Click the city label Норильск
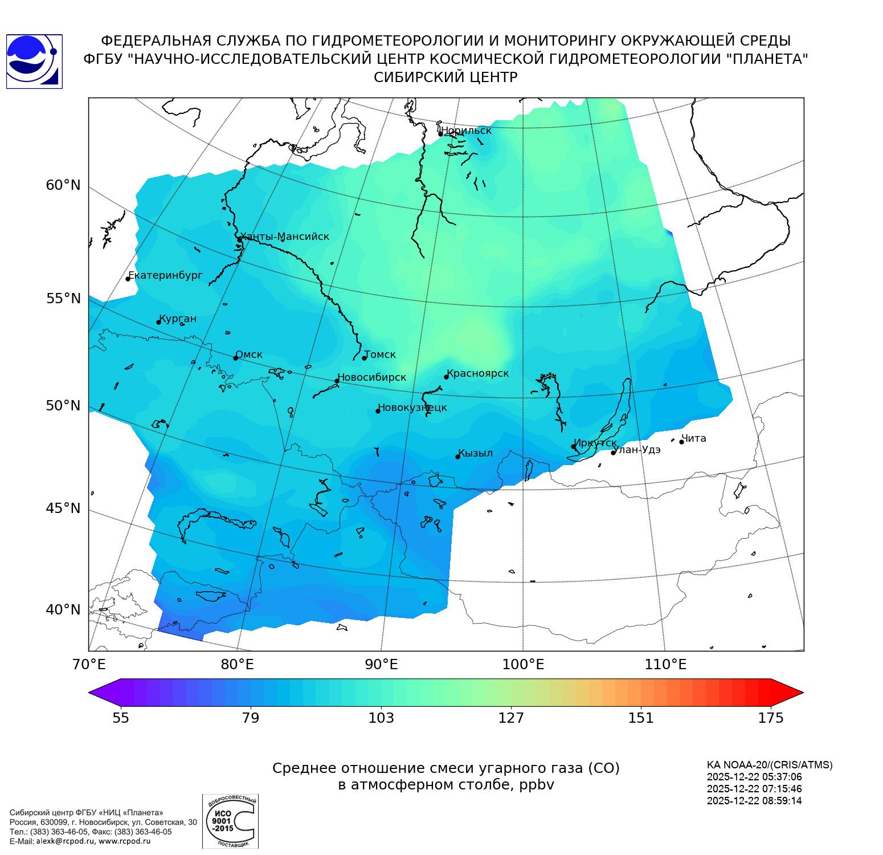pos(466,131)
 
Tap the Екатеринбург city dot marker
pos(128,279)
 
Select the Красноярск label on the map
pos(477,373)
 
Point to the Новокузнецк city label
pos(412,408)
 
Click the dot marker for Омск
pos(235,358)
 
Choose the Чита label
pos(694,438)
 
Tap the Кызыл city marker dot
pos(457,457)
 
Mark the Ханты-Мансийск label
pos(285,237)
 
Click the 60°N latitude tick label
pos(63,185)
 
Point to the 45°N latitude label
pos(63,508)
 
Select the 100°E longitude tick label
pos(523,665)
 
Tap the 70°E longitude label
pos(89,665)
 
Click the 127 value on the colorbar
pos(511,718)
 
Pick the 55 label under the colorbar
pos(121,718)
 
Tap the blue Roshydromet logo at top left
pos(34,62)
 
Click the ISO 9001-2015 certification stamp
pos(230,821)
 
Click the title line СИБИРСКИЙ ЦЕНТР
pos(445,78)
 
